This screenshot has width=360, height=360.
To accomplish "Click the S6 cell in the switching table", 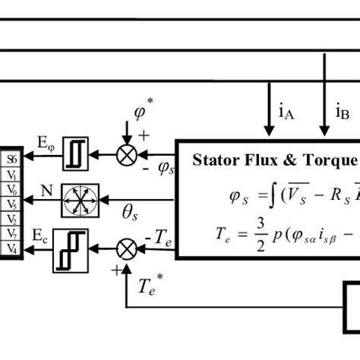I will tap(11, 159).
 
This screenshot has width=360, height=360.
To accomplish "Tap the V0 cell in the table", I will tap(11, 189).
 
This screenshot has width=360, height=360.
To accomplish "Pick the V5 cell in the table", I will tap(11, 204).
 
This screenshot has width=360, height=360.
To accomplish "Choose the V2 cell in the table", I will tap(11, 219).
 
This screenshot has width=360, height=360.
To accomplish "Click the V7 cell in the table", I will tap(11, 233).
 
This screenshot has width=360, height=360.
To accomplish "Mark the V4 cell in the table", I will tap(11, 248).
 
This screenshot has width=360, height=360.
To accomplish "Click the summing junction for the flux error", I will tap(125, 155).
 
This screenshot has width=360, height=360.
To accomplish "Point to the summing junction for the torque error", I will tap(125, 247).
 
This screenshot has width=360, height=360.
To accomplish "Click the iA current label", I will tap(286, 113).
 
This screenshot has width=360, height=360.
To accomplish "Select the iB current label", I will tap(343, 113).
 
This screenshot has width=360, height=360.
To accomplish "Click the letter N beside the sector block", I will tap(46, 191).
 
